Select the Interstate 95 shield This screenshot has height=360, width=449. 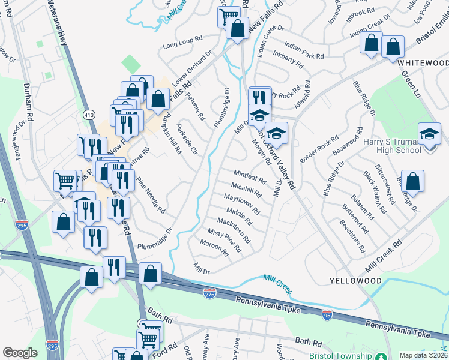point(327,315)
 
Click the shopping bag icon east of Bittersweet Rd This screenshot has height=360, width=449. point(413,181)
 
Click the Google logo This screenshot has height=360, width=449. point(20,353)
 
